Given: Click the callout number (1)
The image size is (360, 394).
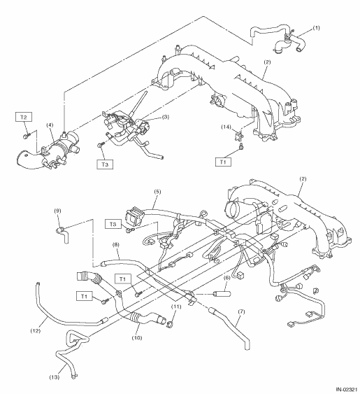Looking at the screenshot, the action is click(x=317, y=27).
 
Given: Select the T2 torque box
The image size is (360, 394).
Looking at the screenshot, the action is click(x=24, y=117).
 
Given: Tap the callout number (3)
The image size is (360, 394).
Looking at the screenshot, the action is click(x=166, y=117).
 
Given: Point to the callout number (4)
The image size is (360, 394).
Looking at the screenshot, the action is click(x=50, y=125).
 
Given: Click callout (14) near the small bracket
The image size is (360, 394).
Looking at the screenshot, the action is click(x=226, y=127).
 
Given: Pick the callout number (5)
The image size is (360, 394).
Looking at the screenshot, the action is click(x=157, y=192).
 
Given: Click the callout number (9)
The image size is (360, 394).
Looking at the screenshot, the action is click(x=57, y=211).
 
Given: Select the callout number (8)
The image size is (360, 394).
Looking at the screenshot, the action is click(x=116, y=244).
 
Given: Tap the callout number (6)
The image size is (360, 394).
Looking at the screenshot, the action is click(x=226, y=278).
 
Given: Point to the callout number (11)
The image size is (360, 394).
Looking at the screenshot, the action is click(x=176, y=307).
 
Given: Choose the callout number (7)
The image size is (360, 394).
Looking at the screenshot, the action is click(x=241, y=312).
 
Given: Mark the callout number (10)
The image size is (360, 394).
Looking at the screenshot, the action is click(x=137, y=338).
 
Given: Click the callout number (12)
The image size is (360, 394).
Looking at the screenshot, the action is click(x=36, y=331).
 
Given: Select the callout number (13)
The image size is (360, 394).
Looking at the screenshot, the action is click(x=55, y=377).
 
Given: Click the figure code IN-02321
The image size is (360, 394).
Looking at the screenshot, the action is click(x=347, y=390).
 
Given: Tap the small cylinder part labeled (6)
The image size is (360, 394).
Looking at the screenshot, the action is click(x=222, y=293).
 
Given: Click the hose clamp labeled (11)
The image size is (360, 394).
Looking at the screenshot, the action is click(x=170, y=325).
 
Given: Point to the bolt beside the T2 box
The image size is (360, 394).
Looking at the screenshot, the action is click(x=26, y=136).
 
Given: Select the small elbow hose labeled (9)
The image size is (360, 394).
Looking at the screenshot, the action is click(x=62, y=234).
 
